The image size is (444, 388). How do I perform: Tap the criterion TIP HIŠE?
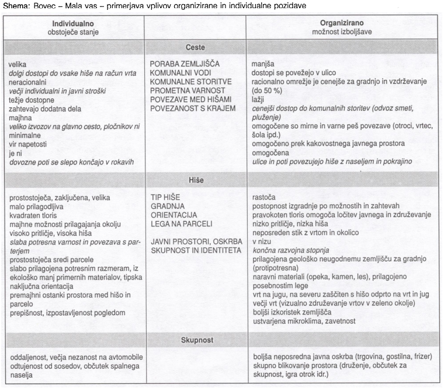(x=166, y=197)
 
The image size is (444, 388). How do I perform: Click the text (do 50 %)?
(x=268, y=91)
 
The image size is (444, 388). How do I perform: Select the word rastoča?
(x=263, y=197)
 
